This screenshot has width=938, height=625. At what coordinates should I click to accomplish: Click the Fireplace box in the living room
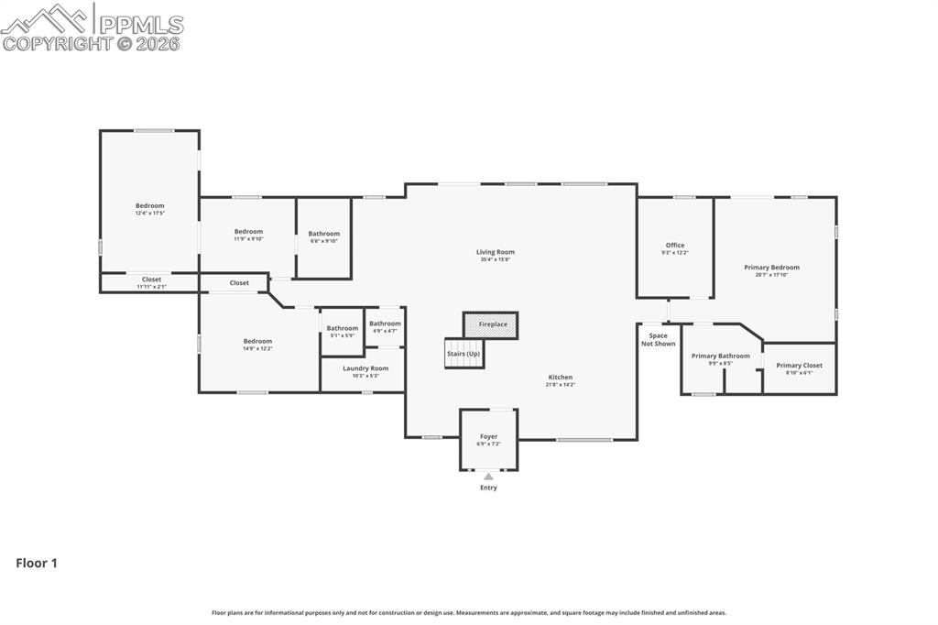[491, 325]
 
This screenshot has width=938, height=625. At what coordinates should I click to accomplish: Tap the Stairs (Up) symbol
[464, 354]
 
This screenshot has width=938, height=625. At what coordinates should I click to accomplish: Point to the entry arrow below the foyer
[488, 477]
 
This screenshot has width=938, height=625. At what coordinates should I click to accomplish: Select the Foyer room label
[488, 437]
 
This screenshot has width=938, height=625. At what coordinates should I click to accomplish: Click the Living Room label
[496, 252]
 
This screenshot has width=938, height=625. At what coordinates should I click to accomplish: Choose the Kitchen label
[561, 377]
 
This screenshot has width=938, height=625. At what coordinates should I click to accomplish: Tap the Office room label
[675, 245]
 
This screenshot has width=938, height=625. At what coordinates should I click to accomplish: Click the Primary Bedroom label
[771, 268]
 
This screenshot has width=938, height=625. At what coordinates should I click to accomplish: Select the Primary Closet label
[799, 365]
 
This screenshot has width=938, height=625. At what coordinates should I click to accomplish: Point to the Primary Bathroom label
[720, 356]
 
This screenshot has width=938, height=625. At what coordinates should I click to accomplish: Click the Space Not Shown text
[658, 339]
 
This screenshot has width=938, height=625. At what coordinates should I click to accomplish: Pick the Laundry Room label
[365, 368]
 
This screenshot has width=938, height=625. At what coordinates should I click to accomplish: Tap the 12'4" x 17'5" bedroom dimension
[150, 214]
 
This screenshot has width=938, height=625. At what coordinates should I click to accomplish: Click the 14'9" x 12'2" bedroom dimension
[257, 348]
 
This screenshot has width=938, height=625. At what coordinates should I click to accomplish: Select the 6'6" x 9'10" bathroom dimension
[323, 241]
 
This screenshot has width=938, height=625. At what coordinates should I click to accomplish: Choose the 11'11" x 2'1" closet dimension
[151, 287]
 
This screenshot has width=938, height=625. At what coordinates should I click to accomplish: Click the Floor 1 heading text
[37, 564]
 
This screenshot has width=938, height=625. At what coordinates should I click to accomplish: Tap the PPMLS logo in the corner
[92, 27]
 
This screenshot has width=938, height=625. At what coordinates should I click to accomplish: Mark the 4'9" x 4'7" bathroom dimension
[385, 330]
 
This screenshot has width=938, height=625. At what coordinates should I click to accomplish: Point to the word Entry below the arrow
[488, 488]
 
